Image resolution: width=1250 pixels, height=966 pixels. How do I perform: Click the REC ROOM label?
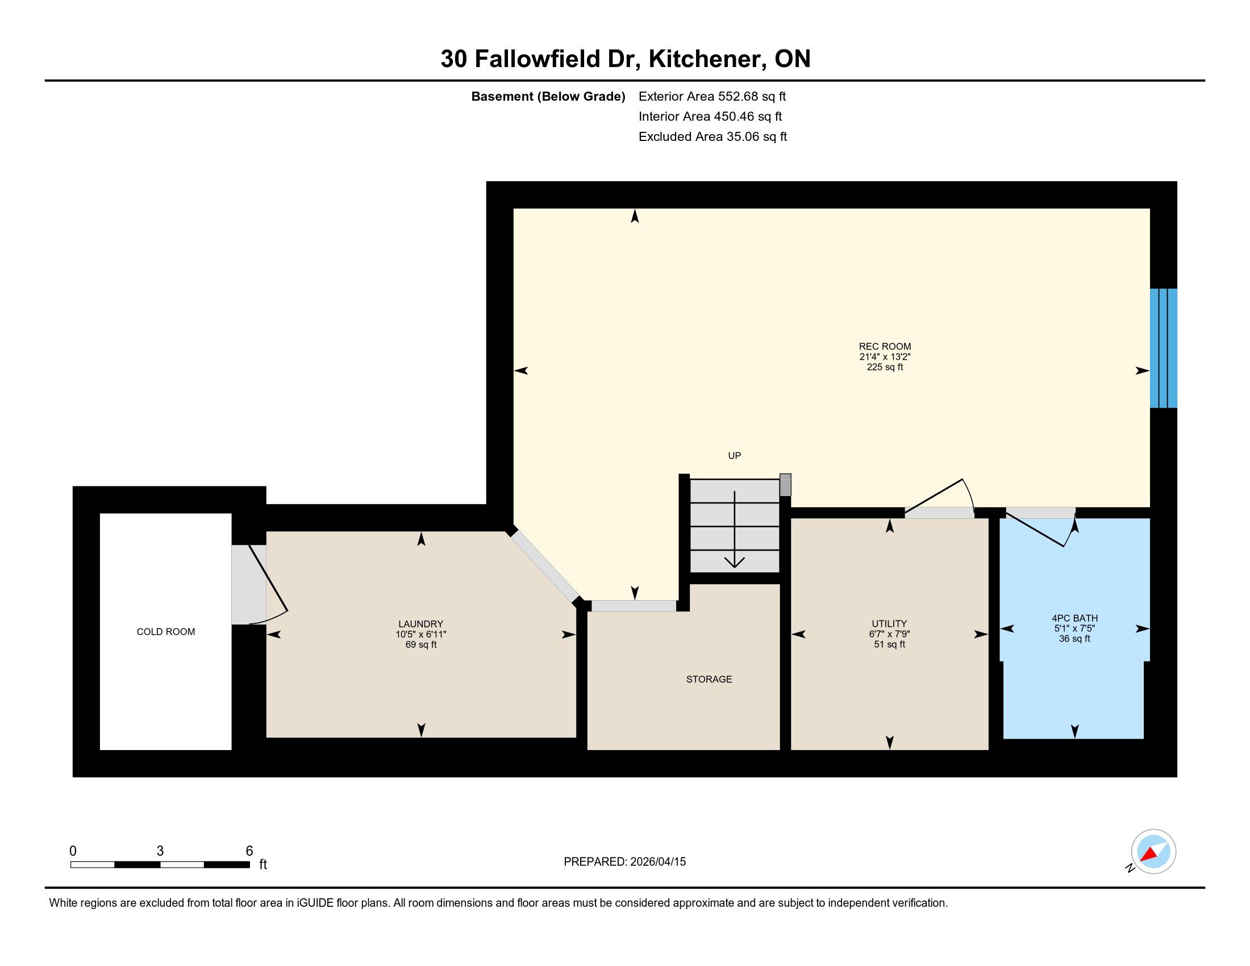click(884, 346)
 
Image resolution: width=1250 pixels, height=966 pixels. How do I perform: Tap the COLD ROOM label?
click(165, 631)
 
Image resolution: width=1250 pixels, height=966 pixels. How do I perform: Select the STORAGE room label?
click(709, 678)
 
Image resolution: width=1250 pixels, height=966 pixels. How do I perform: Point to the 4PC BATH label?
click(1074, 618)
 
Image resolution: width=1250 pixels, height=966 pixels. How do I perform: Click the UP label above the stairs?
click(734, 456)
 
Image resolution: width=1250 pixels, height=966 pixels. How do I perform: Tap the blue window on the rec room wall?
click(1164, 348)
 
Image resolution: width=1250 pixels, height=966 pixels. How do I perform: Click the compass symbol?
click(1153, 852)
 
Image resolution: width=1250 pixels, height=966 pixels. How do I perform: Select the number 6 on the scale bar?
click(249, 851)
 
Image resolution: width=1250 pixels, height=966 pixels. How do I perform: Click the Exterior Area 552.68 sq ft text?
click(712, 96)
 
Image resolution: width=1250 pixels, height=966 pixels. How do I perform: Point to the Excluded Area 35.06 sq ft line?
click(713, 136)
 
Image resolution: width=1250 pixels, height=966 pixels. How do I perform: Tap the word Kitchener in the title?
click(708, 59)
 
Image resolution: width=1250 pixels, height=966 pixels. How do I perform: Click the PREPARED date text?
click(624, 861)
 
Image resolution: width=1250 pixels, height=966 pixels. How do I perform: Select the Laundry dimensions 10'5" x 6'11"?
click(420, 634)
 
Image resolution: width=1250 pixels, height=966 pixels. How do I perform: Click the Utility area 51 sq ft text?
click(889, 644)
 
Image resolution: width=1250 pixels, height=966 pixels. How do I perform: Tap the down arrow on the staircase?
click(734, 530)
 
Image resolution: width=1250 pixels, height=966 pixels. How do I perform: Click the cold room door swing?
click(267, 584)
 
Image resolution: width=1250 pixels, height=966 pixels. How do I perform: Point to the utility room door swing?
click(939, 496)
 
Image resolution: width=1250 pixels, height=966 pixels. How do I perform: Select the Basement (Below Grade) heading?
click(548, 96)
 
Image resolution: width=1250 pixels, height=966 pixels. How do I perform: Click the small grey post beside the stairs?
click(785, 485)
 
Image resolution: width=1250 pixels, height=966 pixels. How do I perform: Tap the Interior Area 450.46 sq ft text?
click(710, 116)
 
